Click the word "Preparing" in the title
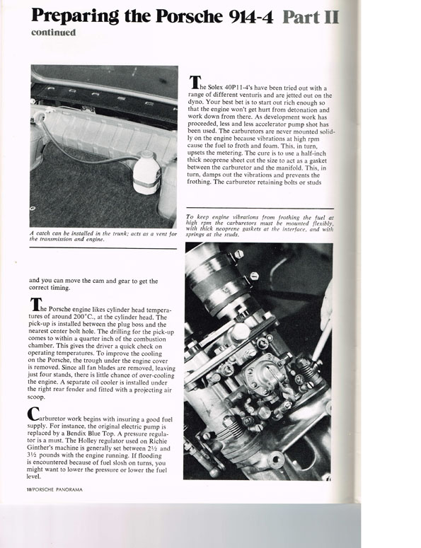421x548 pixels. tap(74, 16)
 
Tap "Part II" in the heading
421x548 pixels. tap(311, 16)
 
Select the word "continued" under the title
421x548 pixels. tap(53, 33)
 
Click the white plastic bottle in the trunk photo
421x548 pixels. tap(146, 172)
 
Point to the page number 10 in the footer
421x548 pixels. tap(29, 489)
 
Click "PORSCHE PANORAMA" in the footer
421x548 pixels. tap(57, 489)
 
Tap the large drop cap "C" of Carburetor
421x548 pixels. tap(33, 414)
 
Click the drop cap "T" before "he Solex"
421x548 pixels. tap(194, 82)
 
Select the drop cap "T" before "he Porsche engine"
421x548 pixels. tap(34, 305)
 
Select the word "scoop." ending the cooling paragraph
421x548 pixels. tap(36, 397)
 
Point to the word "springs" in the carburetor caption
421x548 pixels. tap(195, 235)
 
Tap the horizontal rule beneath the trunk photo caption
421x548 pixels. tap(103, 248)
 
